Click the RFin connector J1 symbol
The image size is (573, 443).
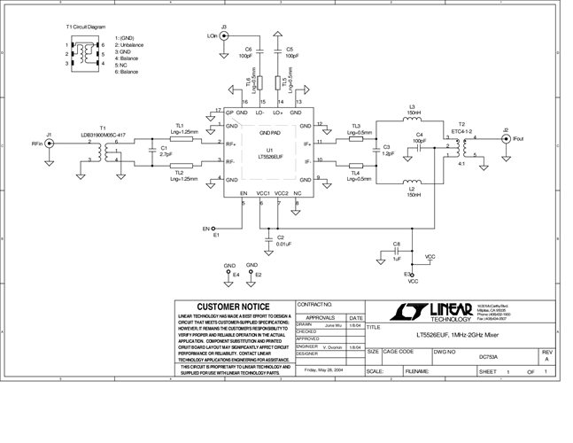pos(50,143)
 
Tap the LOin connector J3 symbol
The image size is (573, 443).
pos(224,36)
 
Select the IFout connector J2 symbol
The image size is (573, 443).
pos(506,138)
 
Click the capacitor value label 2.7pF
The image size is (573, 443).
pos(166,154)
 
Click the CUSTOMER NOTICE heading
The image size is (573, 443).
pos(235,307)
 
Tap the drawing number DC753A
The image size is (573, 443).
pos(488,357)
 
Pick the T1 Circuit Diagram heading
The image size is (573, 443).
pos(86,27)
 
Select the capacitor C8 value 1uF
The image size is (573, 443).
pos(398,259)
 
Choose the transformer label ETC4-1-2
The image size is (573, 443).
pos(462,131)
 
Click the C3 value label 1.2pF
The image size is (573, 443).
pos(387,153)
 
